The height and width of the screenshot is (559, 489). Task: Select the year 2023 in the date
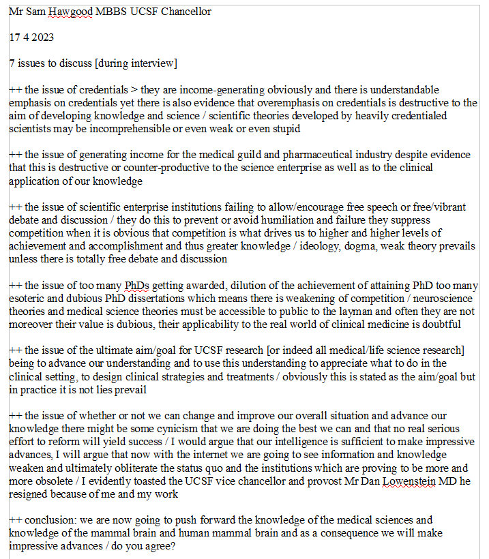tap(40, 38)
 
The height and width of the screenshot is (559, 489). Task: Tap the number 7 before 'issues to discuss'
tap(12, 63)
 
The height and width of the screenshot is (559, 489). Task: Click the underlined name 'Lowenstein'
tap(381, 481)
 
